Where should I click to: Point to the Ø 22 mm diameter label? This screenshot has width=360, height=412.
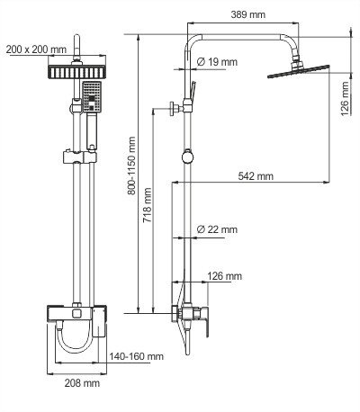[x=216, y=231]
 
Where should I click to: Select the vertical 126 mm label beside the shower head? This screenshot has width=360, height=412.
[x=346, y=93]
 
